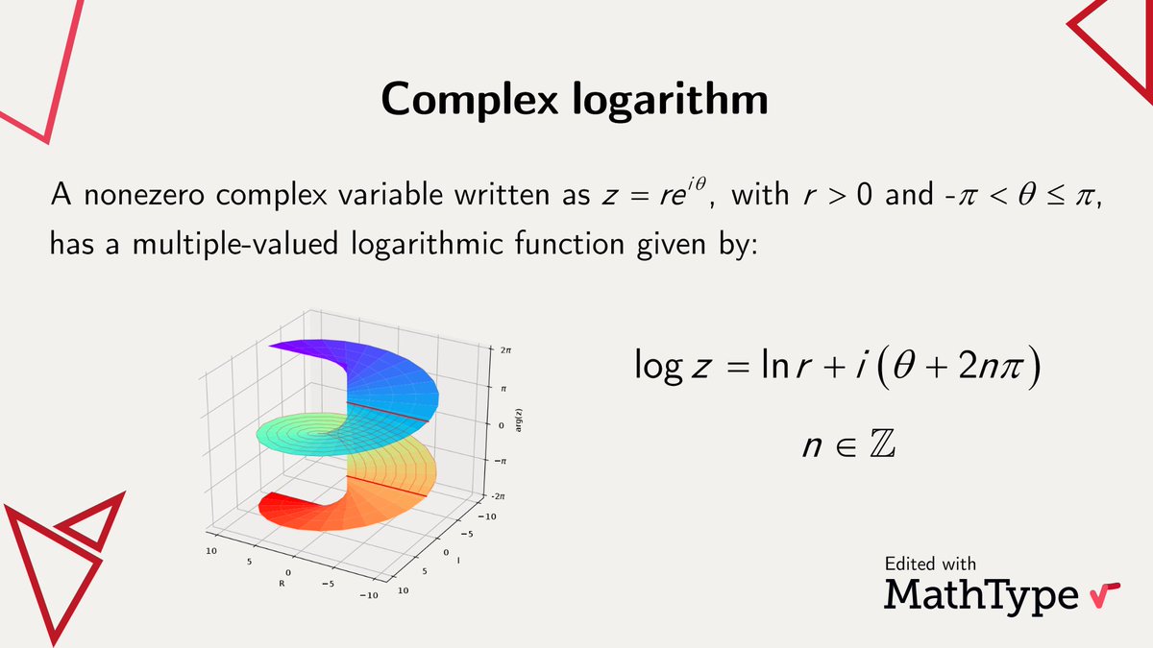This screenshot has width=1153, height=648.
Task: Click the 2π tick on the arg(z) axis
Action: [505, 352]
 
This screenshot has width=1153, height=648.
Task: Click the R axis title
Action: [282, 583]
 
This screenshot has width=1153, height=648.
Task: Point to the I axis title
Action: [457, 562]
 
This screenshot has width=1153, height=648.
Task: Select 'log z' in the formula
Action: [671, 369]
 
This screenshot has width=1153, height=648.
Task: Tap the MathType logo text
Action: [981, 593]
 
